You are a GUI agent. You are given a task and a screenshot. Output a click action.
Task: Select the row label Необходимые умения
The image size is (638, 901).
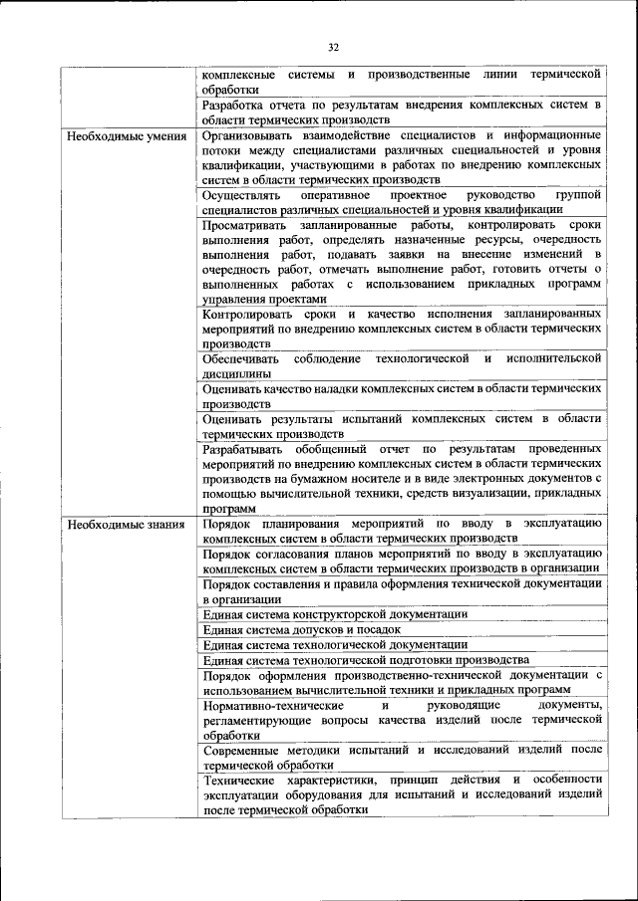point(127,135)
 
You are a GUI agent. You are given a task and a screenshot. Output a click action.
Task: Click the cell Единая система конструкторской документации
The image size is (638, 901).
point(335,614)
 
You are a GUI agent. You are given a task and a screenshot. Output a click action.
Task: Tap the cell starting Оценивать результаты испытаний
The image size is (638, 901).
point(402,426)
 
